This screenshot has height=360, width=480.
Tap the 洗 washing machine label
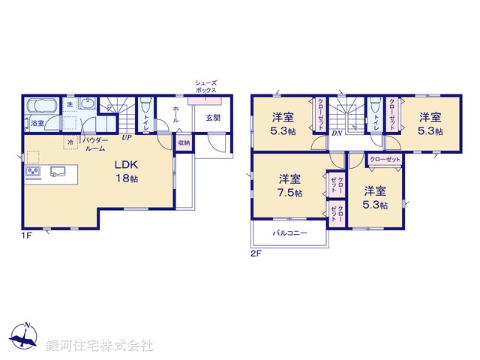point(69,105)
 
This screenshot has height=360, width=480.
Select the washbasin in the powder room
point(88,105)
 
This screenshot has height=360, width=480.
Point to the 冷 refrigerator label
point(70,142)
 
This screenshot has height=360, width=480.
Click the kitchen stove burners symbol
point(34,173)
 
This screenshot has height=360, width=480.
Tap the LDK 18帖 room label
point(125,171)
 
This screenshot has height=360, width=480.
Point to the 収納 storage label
point(184,142)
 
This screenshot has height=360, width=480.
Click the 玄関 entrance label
point(213,117)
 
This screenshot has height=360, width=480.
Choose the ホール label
point(175,114)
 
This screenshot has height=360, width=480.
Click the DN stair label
point(337,133)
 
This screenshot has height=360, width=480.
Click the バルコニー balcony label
point(289,233)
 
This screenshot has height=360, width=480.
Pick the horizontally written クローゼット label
point(385,160)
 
